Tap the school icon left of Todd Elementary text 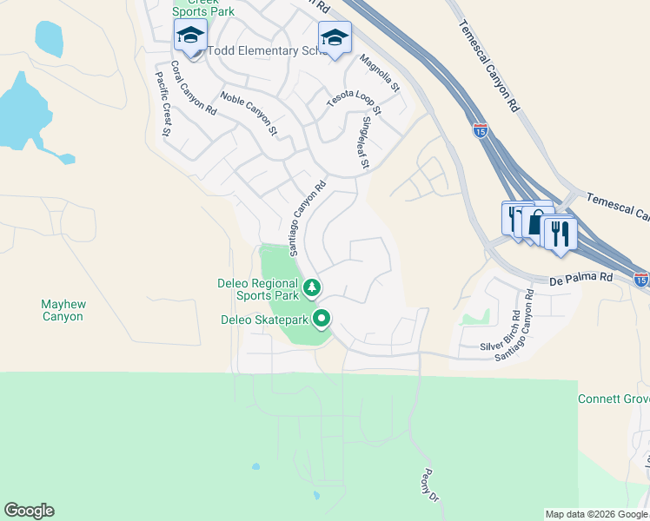click(x=190, y=36)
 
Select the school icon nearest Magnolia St click(x=335, y=37)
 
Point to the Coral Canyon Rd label click(x=193, y=88)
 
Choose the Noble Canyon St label click(x=249, y=114)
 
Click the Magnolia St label click(x=380, y=73)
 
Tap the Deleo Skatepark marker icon click(x=322, y=320)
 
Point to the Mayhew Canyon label click(x=63, y=310)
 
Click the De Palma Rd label click(x=581, y=280)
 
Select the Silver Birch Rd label click(x=501, y=331)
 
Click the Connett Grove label click(x=614, y=399)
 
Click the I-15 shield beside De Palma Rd click(x=640, y=280)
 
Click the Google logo click(x=29, y=511)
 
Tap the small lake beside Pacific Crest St click(x=49, y=38)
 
